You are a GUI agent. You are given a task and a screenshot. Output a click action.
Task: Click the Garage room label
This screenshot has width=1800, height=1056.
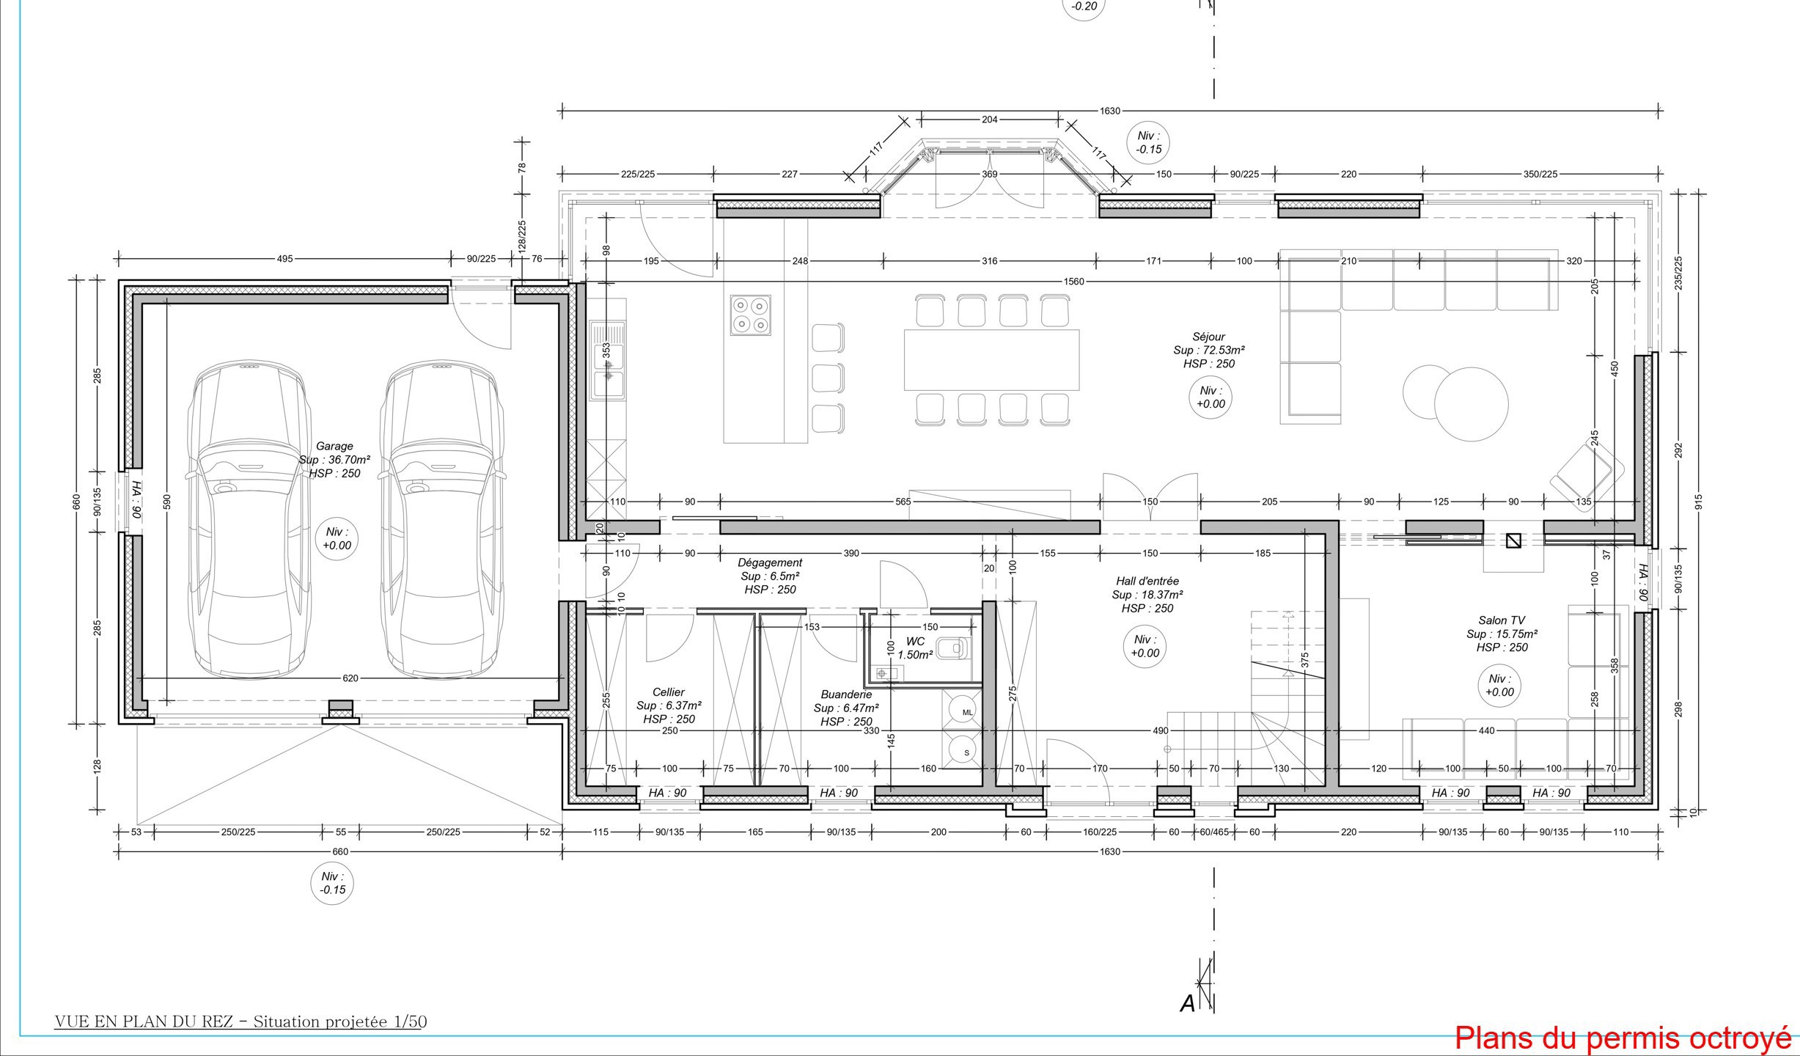pyautogui.click(x=334, y=446)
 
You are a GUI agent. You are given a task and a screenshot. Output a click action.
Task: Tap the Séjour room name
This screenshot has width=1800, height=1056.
pyautogui.click(x=1208, y=337)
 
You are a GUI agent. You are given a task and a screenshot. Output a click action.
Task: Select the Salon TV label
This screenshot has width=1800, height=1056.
pyautogui.click(x=1501, y=620)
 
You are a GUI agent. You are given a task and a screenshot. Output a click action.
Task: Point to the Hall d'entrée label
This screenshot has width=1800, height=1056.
pyautogui.click(x=1147, y=581)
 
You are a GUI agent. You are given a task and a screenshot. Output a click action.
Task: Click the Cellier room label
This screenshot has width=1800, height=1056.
pyautogui.click(x=669, y=692)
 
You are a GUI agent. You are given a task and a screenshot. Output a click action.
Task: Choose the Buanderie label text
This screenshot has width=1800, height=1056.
pyautogui.click(x=846, y=694)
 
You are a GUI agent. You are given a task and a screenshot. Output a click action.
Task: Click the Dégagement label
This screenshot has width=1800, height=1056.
pyautogui.click(x=770, y=562)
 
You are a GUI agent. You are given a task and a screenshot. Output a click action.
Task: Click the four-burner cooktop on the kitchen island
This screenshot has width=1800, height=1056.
pyautogui.click(x=750, y=315)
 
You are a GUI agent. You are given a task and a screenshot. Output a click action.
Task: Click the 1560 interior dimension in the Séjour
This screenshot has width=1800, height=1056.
pyautogui.click(x=1074, y=282)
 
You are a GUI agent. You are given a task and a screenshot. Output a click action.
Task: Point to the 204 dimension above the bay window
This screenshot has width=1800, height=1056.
pyautogui.click(x=989, y=120)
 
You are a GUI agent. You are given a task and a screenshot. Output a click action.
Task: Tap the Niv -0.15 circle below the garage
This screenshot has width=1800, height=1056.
pyautogui.click(x=332, y=883)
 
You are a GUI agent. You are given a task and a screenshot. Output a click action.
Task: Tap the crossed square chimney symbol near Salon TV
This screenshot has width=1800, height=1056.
pyautogui.click(x=1513, y=540)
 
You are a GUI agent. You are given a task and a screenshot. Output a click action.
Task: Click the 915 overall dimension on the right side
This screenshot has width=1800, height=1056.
pyautogui.click(x=1699, y=502)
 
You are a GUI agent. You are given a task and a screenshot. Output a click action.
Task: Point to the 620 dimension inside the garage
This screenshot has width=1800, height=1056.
pyautogui.click(x=350, y=678)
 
